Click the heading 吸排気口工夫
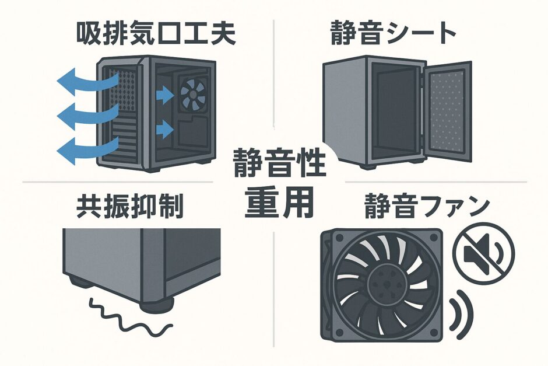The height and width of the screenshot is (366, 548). (x=156, y=34)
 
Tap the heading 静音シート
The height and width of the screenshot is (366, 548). (x=394, y=34)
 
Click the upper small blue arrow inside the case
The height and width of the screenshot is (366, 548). (x=166, y=95)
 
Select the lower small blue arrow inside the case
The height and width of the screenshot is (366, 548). (x=166, y=128)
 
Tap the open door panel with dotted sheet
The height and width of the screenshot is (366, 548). (x=447, y=111)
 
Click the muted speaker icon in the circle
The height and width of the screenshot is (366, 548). (x=483, y=252)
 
